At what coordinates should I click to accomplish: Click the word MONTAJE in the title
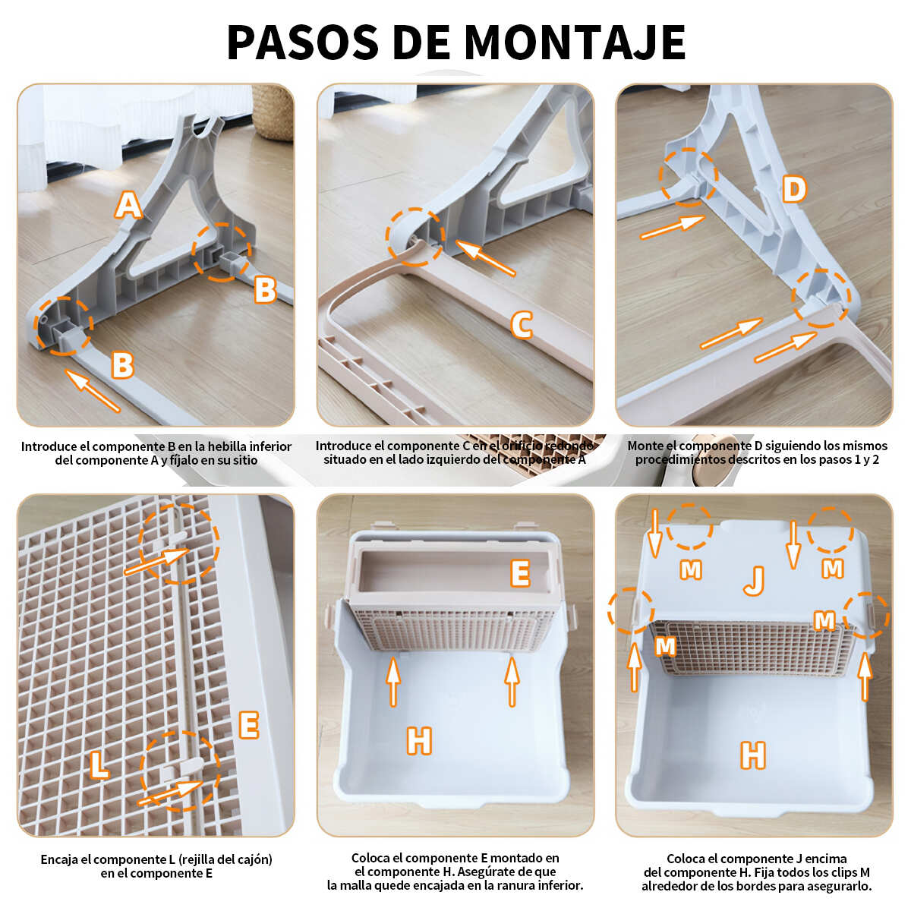575,43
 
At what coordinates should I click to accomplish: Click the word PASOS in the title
303,43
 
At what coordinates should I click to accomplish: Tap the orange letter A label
128,205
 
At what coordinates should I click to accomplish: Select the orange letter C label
522,325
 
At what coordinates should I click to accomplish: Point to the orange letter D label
794,190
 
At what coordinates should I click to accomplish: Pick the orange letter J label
754,581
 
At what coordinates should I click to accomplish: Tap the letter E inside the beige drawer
520,573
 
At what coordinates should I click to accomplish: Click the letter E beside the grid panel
249,725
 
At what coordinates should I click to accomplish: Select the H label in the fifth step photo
419,740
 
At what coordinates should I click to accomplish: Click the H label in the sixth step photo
753,755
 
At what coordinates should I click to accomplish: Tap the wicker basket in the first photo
273,112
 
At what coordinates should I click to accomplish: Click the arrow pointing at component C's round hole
485,257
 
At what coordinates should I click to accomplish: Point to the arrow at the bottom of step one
93,390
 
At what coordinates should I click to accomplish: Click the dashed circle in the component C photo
415,237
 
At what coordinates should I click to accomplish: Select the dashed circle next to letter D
689,177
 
